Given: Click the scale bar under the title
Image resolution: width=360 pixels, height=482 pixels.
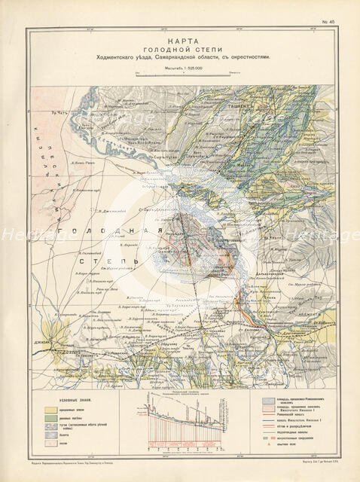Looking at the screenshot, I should [180, 73].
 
